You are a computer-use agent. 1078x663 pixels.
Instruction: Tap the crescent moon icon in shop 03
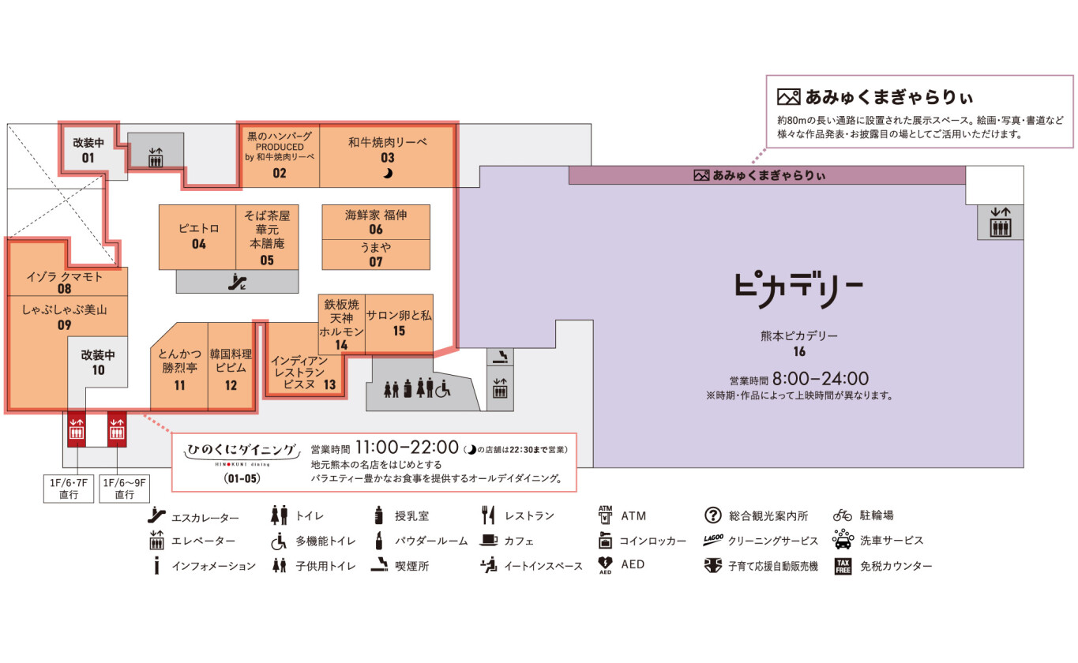(x=388, y=173)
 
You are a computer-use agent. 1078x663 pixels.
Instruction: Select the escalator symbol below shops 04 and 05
(x=237, y=282)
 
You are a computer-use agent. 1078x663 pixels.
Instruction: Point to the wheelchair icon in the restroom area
(x=443, y=388)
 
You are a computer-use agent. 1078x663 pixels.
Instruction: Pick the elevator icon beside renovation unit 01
(x=156, y=157)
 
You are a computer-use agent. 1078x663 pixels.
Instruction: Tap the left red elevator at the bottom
(x=77, y=429)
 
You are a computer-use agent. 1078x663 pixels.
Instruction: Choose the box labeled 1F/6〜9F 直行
(x=124, y=489)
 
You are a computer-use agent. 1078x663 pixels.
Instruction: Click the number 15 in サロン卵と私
(x=399, y=331)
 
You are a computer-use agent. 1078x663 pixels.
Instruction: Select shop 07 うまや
(x=376, y=254)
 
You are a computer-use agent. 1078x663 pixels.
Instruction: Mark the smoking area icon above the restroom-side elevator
(x=500, y=357)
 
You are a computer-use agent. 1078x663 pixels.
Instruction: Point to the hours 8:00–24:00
(x=821, y=379)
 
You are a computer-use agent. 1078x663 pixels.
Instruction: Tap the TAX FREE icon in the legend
(x=843, y=566)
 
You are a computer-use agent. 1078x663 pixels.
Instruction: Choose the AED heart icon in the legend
(x=605, y=565)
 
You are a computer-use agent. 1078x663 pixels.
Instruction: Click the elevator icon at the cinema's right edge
(x=1000, y=223)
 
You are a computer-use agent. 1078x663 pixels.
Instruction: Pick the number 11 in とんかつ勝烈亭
(x=179, y=385)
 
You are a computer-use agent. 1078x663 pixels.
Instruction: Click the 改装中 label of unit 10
(x=98, y=355)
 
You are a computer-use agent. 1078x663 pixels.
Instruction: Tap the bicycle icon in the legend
(x=842, y=515)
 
